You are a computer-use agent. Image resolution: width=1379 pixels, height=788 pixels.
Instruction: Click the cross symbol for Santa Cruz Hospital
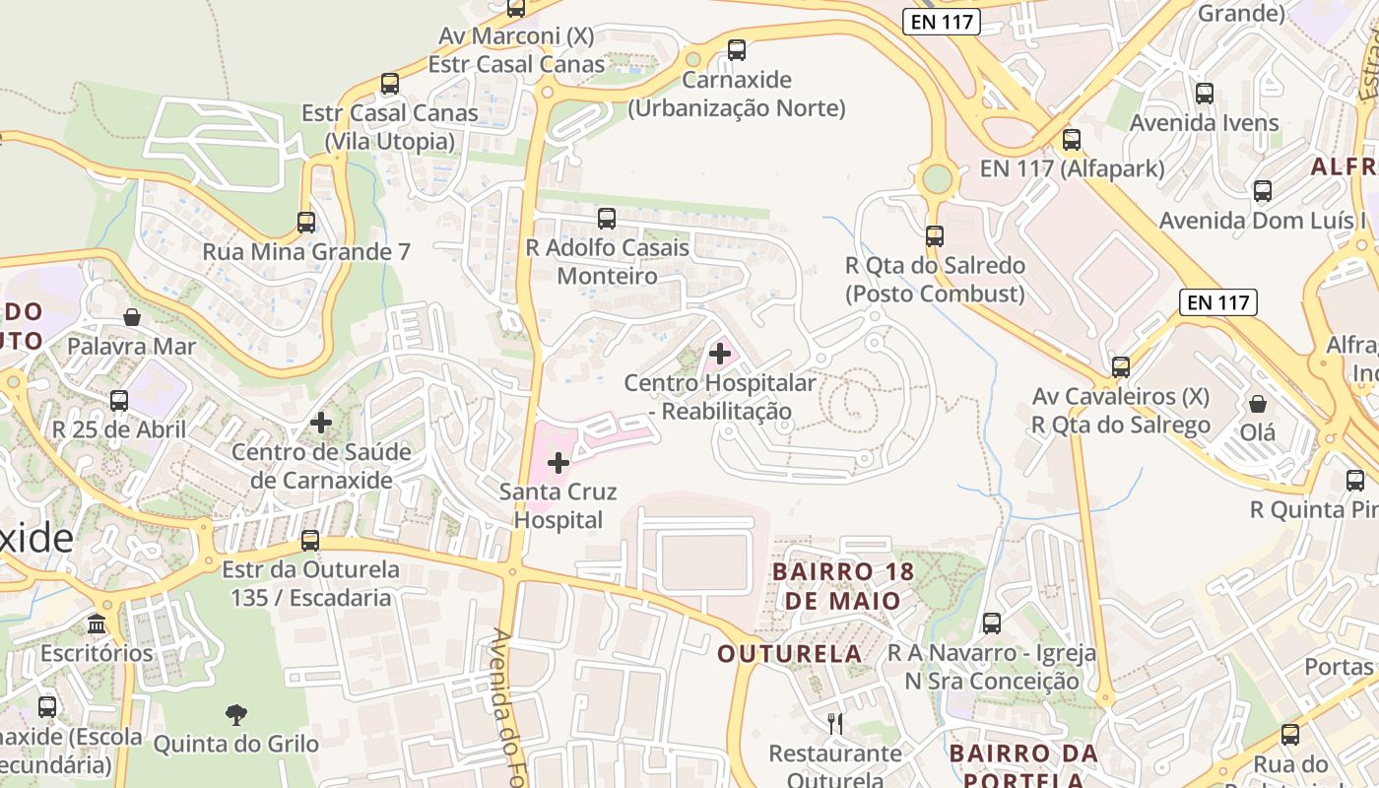pyautogui.click(x=558, y=462)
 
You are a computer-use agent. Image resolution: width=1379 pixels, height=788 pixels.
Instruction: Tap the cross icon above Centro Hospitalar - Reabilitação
pyautogui.click(x=720, y=353)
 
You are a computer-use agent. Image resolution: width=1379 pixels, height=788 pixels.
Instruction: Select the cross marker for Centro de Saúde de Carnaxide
pyautogui.click(x=321, y=423)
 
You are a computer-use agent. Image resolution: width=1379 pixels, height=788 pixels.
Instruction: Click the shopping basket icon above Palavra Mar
pyautogui.click(x=132, y=317)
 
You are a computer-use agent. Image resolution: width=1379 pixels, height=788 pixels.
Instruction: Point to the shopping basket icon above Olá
pyautogui.click(x=1258, y=404)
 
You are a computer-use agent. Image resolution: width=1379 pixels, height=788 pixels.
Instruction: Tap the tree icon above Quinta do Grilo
pyautogui.click(x=236, y=714)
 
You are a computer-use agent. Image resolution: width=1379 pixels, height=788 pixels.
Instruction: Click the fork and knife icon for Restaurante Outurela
pyautogui.click(x=835, y=724)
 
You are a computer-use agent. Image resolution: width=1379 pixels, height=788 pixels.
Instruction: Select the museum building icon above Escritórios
pyautogui.click(x=97, y=624)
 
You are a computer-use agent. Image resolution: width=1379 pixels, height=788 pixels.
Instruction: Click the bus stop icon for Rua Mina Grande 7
pyautogui.click(x=306, y=223)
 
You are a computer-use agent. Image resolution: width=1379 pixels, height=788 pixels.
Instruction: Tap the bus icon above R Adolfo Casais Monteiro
pyautogui.click(x=607, y=219)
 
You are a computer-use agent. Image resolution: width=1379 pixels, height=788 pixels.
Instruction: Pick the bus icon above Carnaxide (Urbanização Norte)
pyautogui.click(x=737, y=50)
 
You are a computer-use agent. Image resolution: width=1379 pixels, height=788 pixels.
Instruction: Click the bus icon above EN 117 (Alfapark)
pyautogui.click(x=1072, y=140)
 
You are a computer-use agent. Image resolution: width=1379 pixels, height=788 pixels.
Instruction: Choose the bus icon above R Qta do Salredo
pyautogui.click(x=935, y=236)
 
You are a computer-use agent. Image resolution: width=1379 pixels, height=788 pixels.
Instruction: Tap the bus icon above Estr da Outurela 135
pyautogui.click(x=310, y=541)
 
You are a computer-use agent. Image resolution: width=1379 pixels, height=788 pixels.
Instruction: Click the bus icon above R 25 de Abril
pyautogui.click(x=119, y=401)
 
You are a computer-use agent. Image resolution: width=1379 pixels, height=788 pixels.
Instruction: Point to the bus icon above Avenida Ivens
pyautogui.click(x=1205, y=94)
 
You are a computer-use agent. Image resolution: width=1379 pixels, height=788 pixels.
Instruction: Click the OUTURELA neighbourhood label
pyautogui.click(x=790, y=654)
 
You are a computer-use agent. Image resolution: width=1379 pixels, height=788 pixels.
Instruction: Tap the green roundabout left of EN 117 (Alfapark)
pyautogui.click(x=937, y=179)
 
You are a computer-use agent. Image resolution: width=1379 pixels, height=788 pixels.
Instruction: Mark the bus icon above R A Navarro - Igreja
pyautogui.click(x=992, y=624)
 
